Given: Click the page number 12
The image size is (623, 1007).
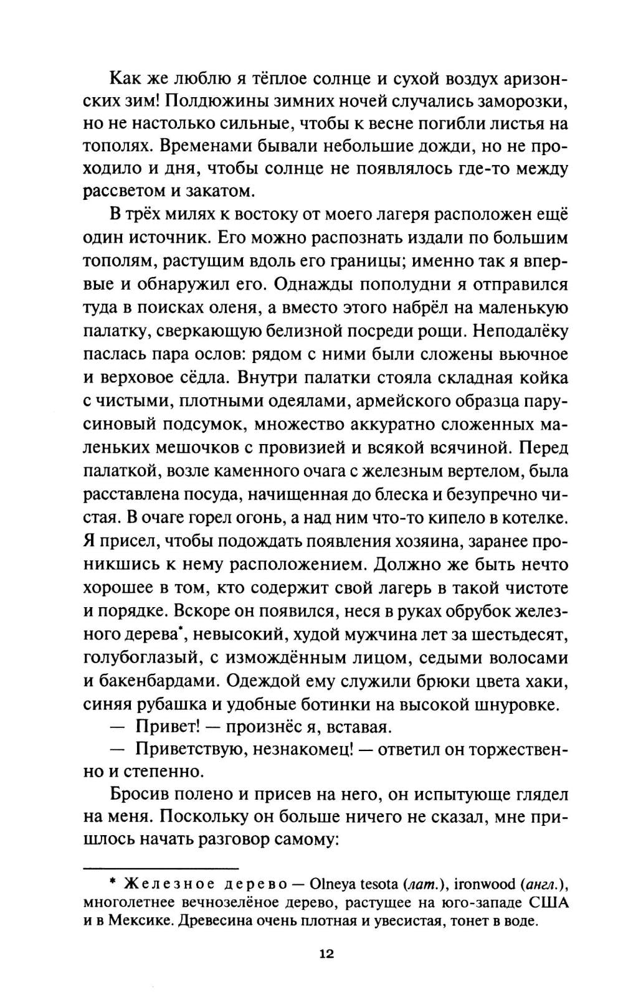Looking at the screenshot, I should pyautogui.click(x=326, y=953).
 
